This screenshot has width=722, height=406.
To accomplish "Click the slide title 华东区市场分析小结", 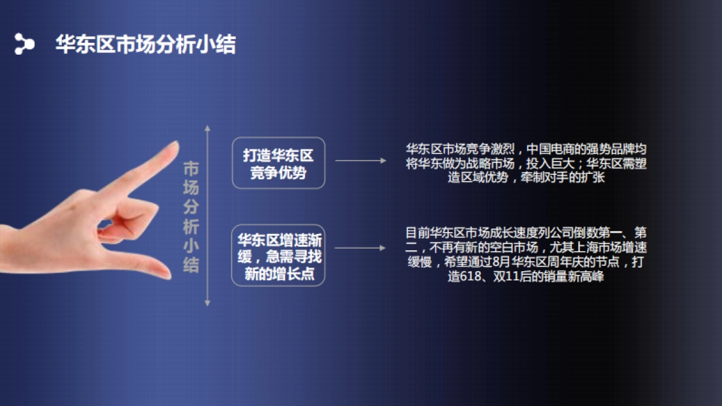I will point(146,44).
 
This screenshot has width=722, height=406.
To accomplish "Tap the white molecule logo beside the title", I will point(24,43).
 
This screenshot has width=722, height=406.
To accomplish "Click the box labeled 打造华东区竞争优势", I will point(279,164).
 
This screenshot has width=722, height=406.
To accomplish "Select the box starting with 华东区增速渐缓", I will point(279,255).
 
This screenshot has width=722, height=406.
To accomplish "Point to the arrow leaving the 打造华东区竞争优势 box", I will point(360,161).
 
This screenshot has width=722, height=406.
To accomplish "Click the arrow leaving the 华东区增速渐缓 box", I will point(360,248).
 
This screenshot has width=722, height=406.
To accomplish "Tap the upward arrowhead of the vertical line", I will point(208,129).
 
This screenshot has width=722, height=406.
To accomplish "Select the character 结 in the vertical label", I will point(191,265).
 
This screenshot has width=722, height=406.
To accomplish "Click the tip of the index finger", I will point(174,145).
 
